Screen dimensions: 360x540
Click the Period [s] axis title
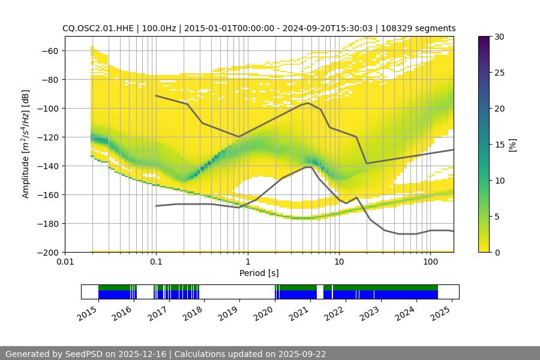pos(259,273)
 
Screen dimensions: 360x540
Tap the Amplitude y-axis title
pos(26,144)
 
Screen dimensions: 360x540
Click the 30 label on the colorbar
pos(499,37)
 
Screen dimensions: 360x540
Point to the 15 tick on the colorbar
pos(499,145)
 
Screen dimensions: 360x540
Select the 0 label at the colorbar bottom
pos(497,252)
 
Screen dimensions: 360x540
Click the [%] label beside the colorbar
pos(513,145)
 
